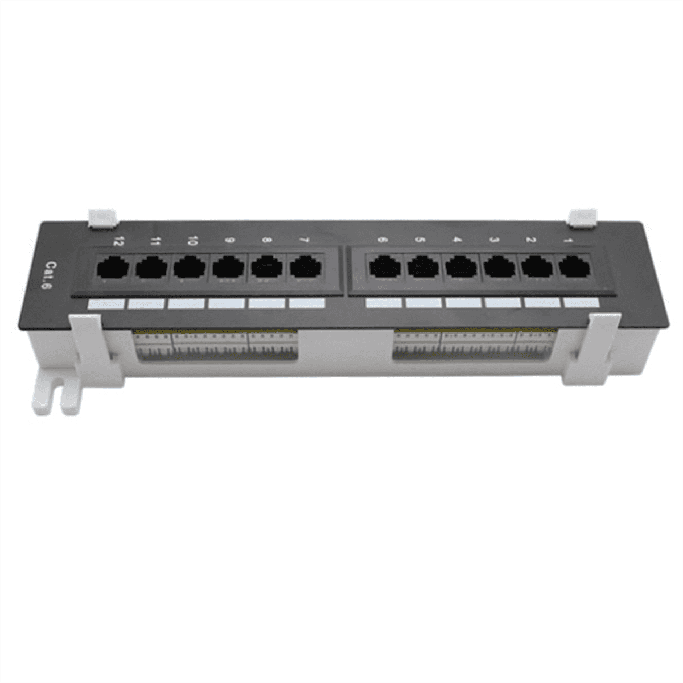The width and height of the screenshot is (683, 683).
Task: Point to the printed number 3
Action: [494, 240]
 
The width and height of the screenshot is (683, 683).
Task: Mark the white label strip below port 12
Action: [106, 305]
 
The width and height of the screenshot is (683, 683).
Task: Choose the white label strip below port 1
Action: [581, 302]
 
